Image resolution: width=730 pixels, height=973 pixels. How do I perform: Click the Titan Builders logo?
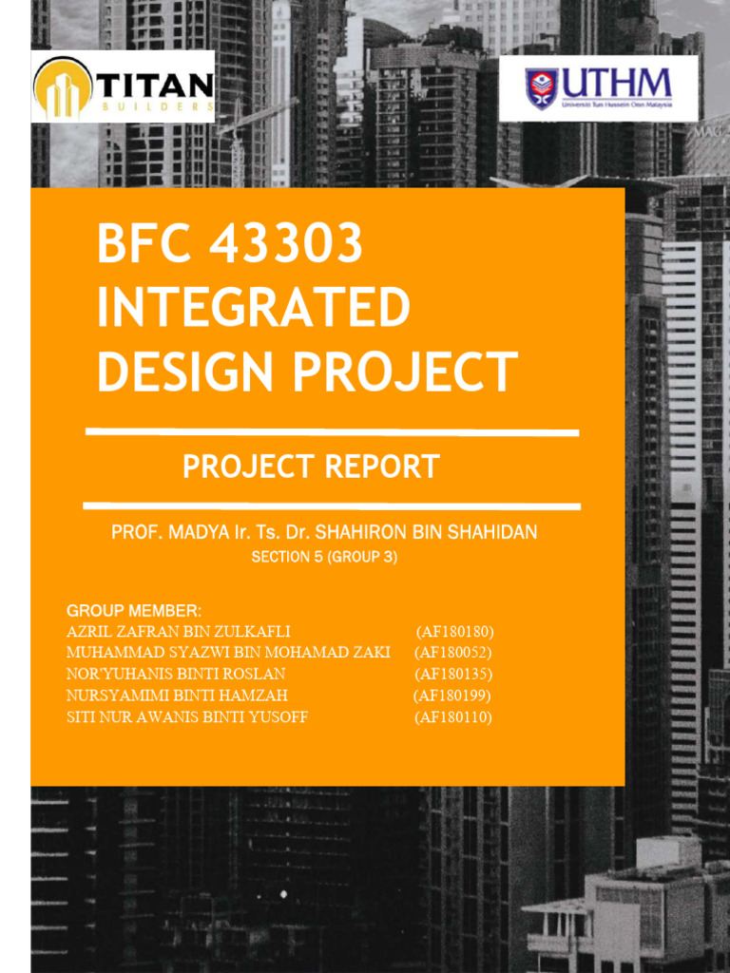coord(123,86)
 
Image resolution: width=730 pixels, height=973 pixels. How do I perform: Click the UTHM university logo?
coord(599,88)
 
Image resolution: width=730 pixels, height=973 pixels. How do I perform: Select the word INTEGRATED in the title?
coord(254,308)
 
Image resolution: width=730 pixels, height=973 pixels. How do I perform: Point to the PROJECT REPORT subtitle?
coord(311,467)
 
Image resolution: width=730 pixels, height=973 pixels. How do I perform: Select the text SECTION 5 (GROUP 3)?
coord(324,558)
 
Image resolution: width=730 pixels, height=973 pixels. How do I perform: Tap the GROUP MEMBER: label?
coord(134,610)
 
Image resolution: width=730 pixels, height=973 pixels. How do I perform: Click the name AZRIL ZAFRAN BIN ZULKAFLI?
coord(178,632)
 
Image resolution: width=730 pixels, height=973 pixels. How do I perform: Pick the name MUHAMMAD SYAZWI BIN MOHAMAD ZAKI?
coord(228,653)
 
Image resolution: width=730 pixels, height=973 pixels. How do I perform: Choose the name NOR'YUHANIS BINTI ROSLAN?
coord(176,675)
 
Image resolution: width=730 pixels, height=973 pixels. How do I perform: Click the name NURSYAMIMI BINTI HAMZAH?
coord(177,696)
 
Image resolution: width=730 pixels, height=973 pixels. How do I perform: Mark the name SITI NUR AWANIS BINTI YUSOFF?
coord(187,717)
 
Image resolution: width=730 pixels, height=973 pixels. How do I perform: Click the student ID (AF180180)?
coord(454,632)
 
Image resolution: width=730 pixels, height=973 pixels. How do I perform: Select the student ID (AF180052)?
coord(452,653)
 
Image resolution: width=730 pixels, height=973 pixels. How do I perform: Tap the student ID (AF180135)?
coord(452,675)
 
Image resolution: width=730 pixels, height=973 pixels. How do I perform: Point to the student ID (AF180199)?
coord(451,696)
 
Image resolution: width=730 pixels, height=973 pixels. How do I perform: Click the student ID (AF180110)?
coord(452,717)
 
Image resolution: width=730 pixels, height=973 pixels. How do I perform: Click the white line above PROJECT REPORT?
coord(332,432)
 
